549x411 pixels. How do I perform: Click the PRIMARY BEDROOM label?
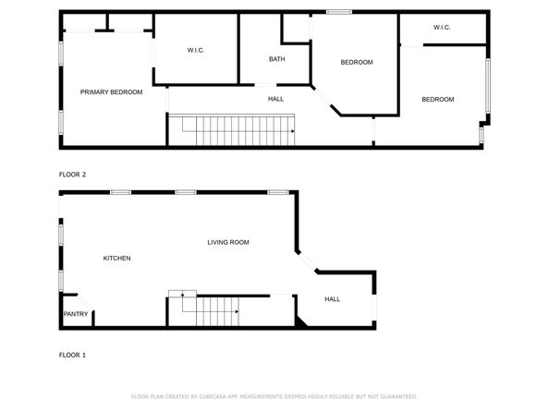111,91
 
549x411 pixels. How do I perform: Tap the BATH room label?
276,59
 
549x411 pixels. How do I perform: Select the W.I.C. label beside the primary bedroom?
195,50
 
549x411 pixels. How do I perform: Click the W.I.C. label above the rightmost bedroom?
441,28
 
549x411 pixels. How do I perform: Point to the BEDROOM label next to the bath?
356,62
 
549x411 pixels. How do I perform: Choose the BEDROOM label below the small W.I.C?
437,100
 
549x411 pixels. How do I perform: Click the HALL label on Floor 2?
275,99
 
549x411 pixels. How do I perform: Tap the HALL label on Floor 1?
332,299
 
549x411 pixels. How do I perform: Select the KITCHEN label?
116,258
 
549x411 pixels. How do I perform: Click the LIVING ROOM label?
227,242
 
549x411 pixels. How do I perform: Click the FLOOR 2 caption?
72,175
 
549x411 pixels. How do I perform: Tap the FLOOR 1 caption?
72,355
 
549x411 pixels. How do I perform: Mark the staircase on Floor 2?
231,131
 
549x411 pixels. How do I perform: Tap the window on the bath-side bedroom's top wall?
338,12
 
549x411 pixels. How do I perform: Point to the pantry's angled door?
82,301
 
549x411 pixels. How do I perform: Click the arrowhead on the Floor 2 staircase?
292,131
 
